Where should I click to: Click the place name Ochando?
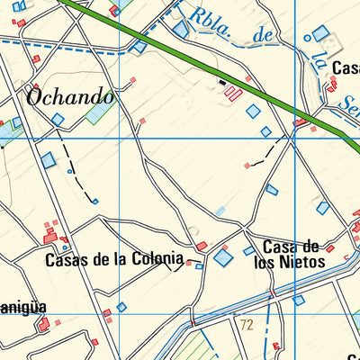70,96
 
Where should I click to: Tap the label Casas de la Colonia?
114,260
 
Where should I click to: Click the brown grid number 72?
247,322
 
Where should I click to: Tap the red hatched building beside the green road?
233,93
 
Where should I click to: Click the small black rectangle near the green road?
221,82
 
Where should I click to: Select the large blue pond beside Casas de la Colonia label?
221,258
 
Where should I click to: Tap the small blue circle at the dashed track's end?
94,202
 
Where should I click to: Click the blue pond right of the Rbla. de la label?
320,34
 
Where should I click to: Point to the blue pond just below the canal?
299,300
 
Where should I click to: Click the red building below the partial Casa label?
333,84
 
